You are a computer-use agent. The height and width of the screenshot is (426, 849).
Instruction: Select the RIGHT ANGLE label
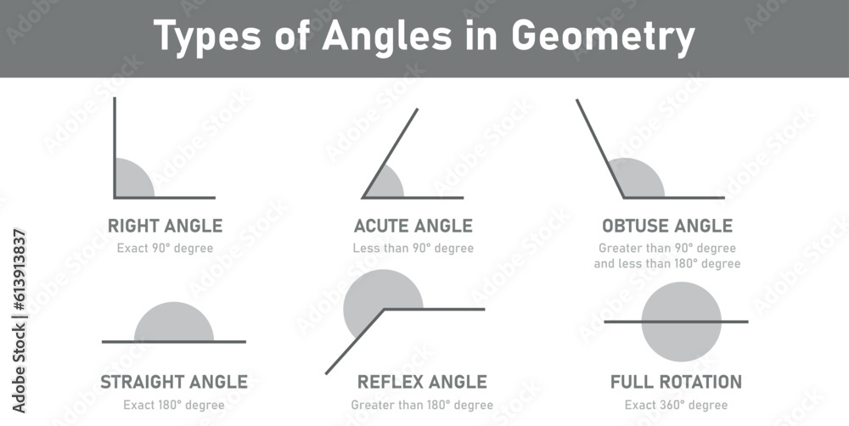pos(165,226)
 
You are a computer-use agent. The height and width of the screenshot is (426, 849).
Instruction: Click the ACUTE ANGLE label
pos(413,226)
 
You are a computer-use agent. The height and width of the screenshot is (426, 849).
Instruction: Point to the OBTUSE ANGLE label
pos(666,226)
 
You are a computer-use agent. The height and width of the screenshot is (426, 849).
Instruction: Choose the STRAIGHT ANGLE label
pos(174,382)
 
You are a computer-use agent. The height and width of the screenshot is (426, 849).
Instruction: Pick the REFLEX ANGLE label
pos(422,382)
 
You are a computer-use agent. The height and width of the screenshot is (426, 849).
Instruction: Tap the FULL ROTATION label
pos(676,382)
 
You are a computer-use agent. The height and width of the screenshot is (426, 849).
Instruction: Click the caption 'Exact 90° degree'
pos(165,249)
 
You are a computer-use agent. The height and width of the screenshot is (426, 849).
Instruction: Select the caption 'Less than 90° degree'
pos(413,249)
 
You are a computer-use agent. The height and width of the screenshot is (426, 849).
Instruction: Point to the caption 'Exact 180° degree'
pos(174,405)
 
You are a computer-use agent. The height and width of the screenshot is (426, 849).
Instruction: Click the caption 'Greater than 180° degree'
pos(422,405)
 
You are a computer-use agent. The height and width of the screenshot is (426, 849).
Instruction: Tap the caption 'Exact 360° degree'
pos(676,405)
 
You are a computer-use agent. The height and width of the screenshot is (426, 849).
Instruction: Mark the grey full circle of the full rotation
pos(681,339)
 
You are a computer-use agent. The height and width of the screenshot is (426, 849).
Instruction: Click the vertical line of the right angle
pos(115,136)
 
